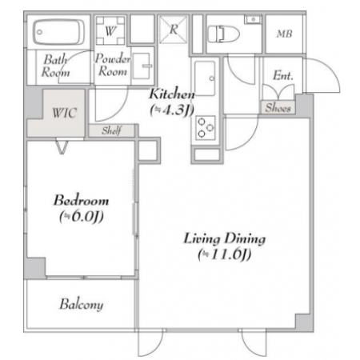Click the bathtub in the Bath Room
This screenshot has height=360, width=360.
point(58,32)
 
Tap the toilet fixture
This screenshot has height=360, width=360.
point(223,34)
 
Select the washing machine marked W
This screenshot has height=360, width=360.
point(110,30)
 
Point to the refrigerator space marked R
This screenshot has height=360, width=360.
point(174,30)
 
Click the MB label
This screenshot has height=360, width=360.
point(284,34)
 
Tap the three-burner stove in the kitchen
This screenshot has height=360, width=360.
point(206,128)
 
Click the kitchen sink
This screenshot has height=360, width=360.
point(205,78)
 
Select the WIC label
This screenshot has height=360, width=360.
point(65,113)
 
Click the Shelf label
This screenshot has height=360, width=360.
point(112,130)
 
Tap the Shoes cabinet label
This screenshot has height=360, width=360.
point(278,108)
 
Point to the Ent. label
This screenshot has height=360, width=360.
point(283,76)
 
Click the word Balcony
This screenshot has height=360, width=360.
point(82,305)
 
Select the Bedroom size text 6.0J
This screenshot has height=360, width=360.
point(82,217)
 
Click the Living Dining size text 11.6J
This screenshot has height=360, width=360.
point(225,254)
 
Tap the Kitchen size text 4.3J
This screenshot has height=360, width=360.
point(172,110)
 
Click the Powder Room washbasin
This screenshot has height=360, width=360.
point(142,66)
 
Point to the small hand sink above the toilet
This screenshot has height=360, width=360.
point(254,19)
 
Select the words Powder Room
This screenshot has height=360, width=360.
point(113,65)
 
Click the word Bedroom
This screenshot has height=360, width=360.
point(82,200)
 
